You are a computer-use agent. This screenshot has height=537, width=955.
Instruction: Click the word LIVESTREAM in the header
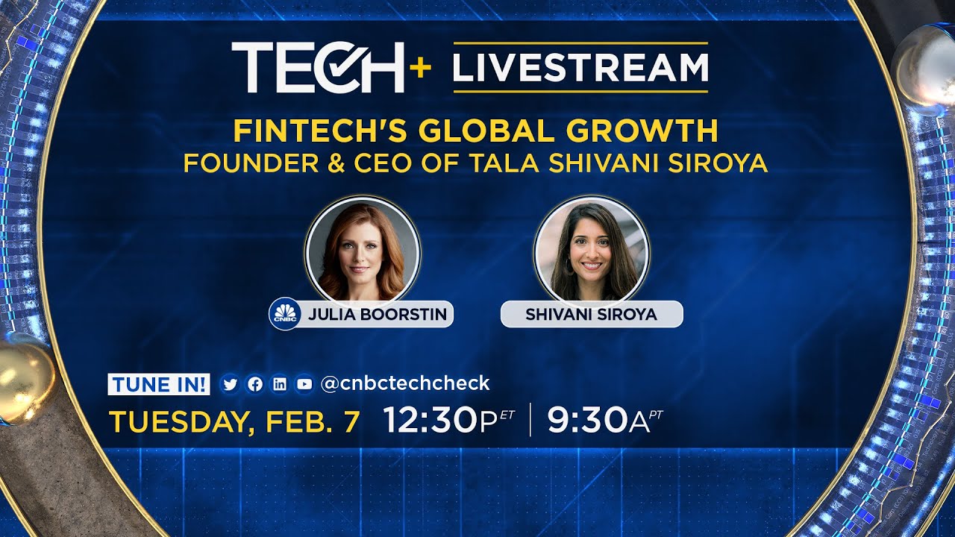tap(580, 67)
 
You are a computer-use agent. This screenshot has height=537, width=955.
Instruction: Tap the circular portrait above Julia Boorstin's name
tap(363, 252)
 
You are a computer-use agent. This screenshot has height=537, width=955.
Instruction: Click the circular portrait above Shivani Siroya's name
tap(592, 252)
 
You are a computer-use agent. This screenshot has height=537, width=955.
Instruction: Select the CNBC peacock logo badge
tap(284, 314)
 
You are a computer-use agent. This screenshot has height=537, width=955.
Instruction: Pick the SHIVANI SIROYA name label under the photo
tap(591, 314)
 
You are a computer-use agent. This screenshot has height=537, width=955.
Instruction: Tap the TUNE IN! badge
tap(159, 384)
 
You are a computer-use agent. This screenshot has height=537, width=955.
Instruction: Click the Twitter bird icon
tap(230, 384)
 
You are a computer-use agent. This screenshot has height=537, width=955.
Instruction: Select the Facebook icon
tap(255, 384)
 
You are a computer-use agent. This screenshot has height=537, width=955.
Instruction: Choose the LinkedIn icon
tap(280, 384)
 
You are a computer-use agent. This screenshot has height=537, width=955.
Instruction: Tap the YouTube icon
tap(304, 384)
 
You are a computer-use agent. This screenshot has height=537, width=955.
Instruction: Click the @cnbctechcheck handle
tap(404, 383)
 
